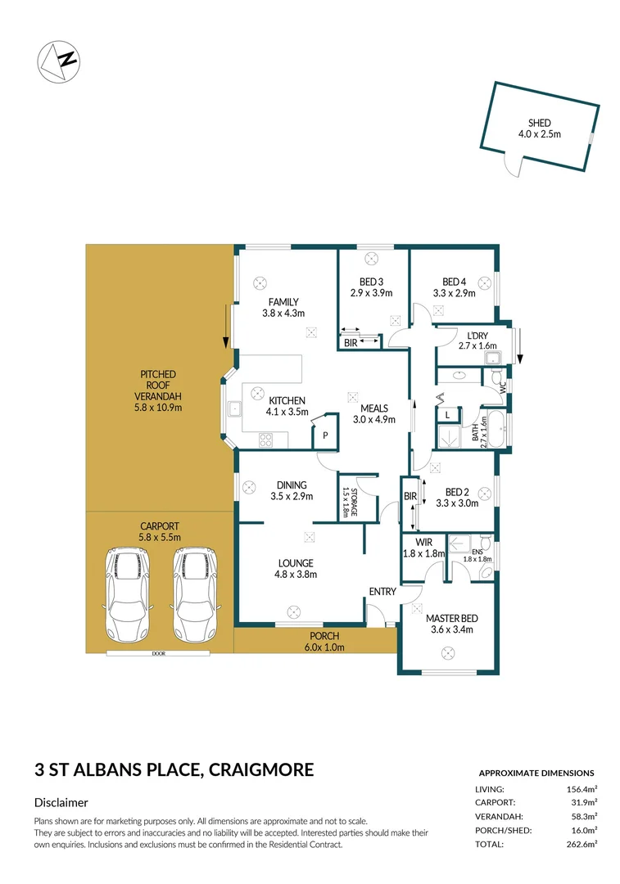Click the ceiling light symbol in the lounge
[x=293, y=609]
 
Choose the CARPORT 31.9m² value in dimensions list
[x=581, y=802]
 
